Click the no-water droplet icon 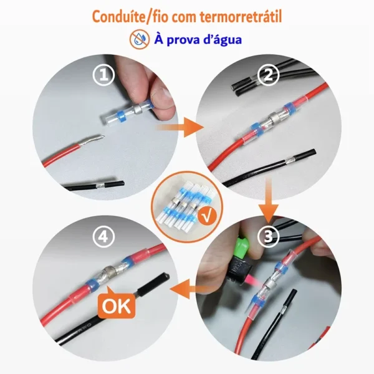pyautogui.click(x=140, y=39)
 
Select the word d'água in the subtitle pyautogui.click(x=223, y=40)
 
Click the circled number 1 pyautogui.click(x=103, y=75)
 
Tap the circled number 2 pyautogui.click(x=268, y=75)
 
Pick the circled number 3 pyautogui.click(x=268, y=237)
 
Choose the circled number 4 pyautogui.click(x=103, y=237)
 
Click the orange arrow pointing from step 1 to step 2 pyautogui.click(x=180, y=127)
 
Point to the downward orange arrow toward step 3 pyautogui.click(x=269, y=200)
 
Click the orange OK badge pyautogui.click(x=117, y=305)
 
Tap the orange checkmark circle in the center pyautogui.click(x=208, y=216)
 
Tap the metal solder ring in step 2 pyautogui.click(x=274, y=118)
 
